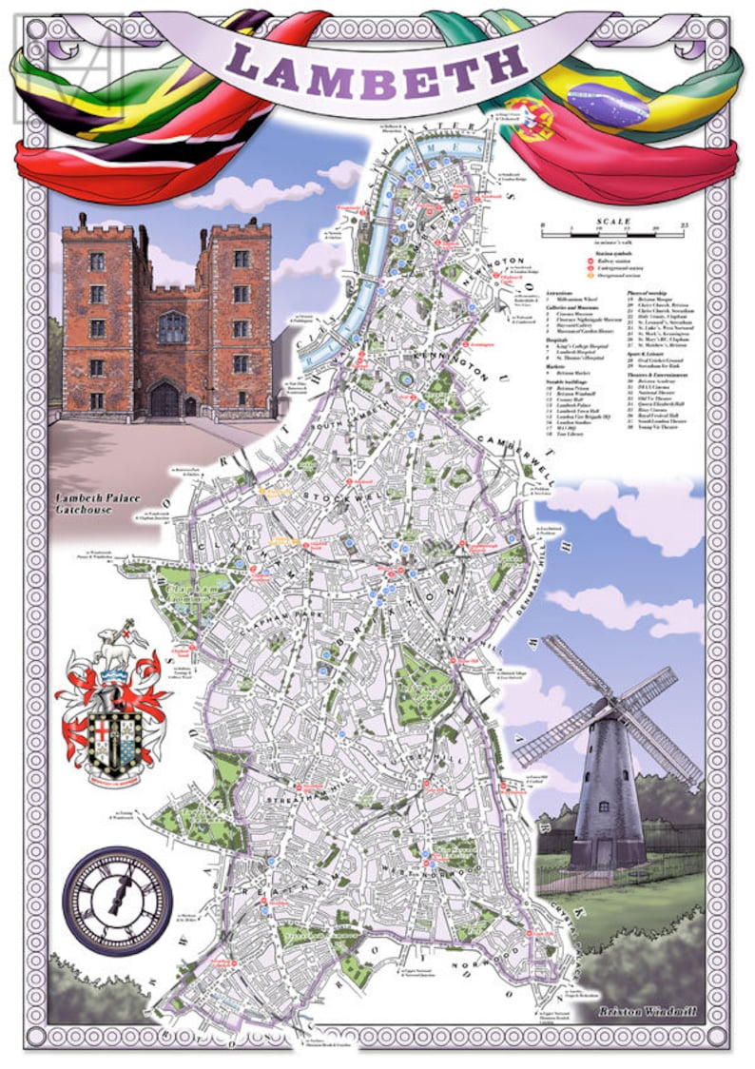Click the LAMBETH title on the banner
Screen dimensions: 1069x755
pyautogui.click(x=377, y=66)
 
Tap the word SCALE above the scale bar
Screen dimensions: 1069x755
pyautogui.click(x=612, y=222)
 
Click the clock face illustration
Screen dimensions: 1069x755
pyautogui.click(x=118, y=897)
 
